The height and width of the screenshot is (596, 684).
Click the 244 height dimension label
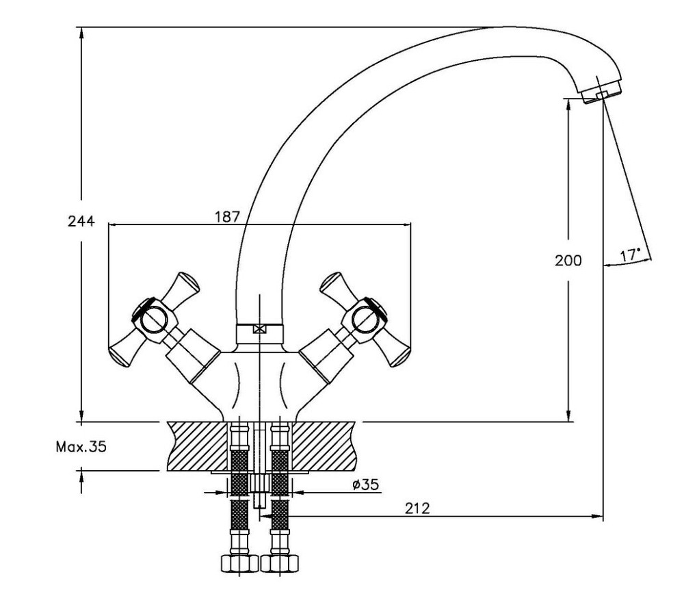pyautogui.click(x=81, y=221)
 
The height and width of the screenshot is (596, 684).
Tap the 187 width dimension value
pyautogui.click(x=227, y=216)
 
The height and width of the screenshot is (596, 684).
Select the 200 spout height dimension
pyautogui.click(x=568, y=261)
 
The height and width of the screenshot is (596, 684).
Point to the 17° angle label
pyautogui.click(x=630, y=255)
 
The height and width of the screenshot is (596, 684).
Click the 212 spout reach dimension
pyautogui.click(x=417, y=508)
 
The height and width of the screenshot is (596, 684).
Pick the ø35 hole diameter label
pyautogui.click(x=365, y=484)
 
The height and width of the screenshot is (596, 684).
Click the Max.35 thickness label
pyautogui.click(x=81, y=446)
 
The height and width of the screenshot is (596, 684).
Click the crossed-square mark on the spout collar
pyautogui.click(x=259, y=329)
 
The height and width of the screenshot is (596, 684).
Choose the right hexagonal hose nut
pyautogui.click(x=280, y=563)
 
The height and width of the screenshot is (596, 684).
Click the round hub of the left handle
pyautogui.click(x=154, y=320)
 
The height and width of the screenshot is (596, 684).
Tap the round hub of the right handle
pyautogui.click(x=365, y=320)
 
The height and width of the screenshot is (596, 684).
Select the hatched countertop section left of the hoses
pyautogui.click(x=198, y=446)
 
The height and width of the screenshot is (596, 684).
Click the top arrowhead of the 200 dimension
pyautogui.click(x=568, y=105)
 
